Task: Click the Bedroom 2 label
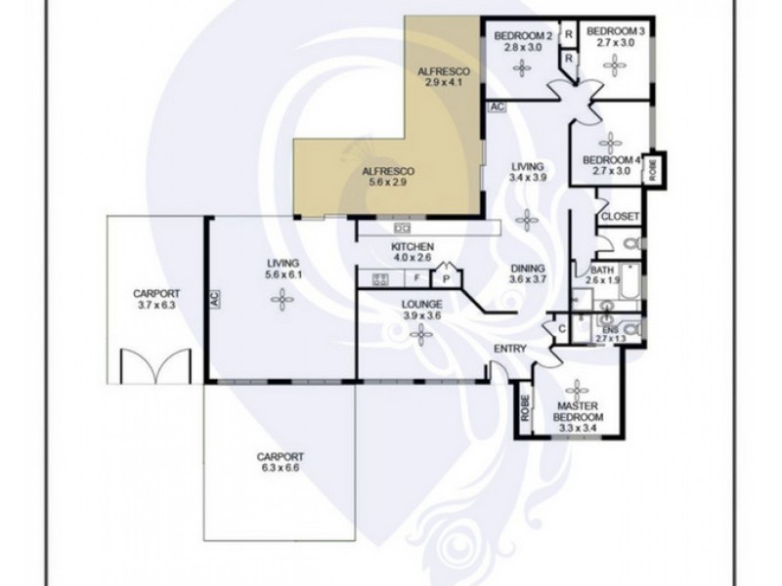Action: [x=523, y=36]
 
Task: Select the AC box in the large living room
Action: [x=214, y=299]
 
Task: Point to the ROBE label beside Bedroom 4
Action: [x=652, y=169]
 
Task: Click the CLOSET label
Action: [x=620, y=217]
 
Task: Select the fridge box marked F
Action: [x=417, y=278]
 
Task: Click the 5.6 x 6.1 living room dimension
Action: [x=282, y=274]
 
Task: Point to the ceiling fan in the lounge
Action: [x=421, y=335]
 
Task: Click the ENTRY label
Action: [x=509, y=349]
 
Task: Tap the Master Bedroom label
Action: [x=578, y=411]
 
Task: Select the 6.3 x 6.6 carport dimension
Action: [x=280, y=468]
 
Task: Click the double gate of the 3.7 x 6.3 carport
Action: [x=155, y=366]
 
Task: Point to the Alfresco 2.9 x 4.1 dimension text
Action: [x=444, y=82]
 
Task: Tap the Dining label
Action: [x=528, y=269]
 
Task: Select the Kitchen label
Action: [x=413, y=247]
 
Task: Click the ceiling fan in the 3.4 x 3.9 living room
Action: [x=527, y=220]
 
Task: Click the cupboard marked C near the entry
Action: [x=562, y=329]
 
